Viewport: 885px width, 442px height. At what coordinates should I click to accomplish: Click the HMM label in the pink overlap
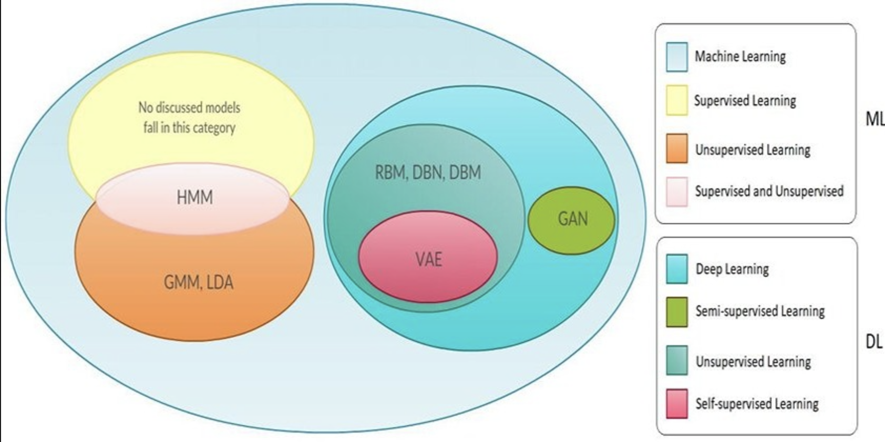point(195,198)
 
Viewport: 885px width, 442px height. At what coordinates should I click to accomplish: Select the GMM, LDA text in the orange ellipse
point(198,283)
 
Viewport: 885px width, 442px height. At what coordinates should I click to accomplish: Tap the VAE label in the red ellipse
point(428,259)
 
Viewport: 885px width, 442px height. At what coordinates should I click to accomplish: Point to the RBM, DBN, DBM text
point(428,173)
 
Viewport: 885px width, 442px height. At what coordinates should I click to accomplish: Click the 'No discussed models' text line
point(189,108)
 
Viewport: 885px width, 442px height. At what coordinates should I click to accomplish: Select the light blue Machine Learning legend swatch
point(676,57)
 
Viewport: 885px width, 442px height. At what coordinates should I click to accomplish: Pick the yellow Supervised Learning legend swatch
point(676,100)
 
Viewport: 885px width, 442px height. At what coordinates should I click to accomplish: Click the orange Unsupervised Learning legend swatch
point(676,148)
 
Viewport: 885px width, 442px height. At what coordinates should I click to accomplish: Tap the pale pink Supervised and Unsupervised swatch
point(676,192)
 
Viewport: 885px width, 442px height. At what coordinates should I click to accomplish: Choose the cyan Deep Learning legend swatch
point(676,269)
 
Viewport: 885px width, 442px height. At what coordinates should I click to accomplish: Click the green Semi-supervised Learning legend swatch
point(676,312)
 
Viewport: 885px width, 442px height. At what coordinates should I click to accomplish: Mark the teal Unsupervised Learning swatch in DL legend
point(676,360)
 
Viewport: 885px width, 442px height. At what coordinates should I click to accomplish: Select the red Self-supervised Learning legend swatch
point(676,404)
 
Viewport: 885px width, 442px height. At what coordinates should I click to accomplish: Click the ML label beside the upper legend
point(874,119)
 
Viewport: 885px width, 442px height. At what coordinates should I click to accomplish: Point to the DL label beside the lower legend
point(873,342)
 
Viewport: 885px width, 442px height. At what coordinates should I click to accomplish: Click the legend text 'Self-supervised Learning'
point(757,404)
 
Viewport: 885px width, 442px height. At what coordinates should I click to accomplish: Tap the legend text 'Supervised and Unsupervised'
point(769,191)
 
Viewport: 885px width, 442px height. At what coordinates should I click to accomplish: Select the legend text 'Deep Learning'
point(732,269)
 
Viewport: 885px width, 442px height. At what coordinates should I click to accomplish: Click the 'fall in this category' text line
point(189,128)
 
